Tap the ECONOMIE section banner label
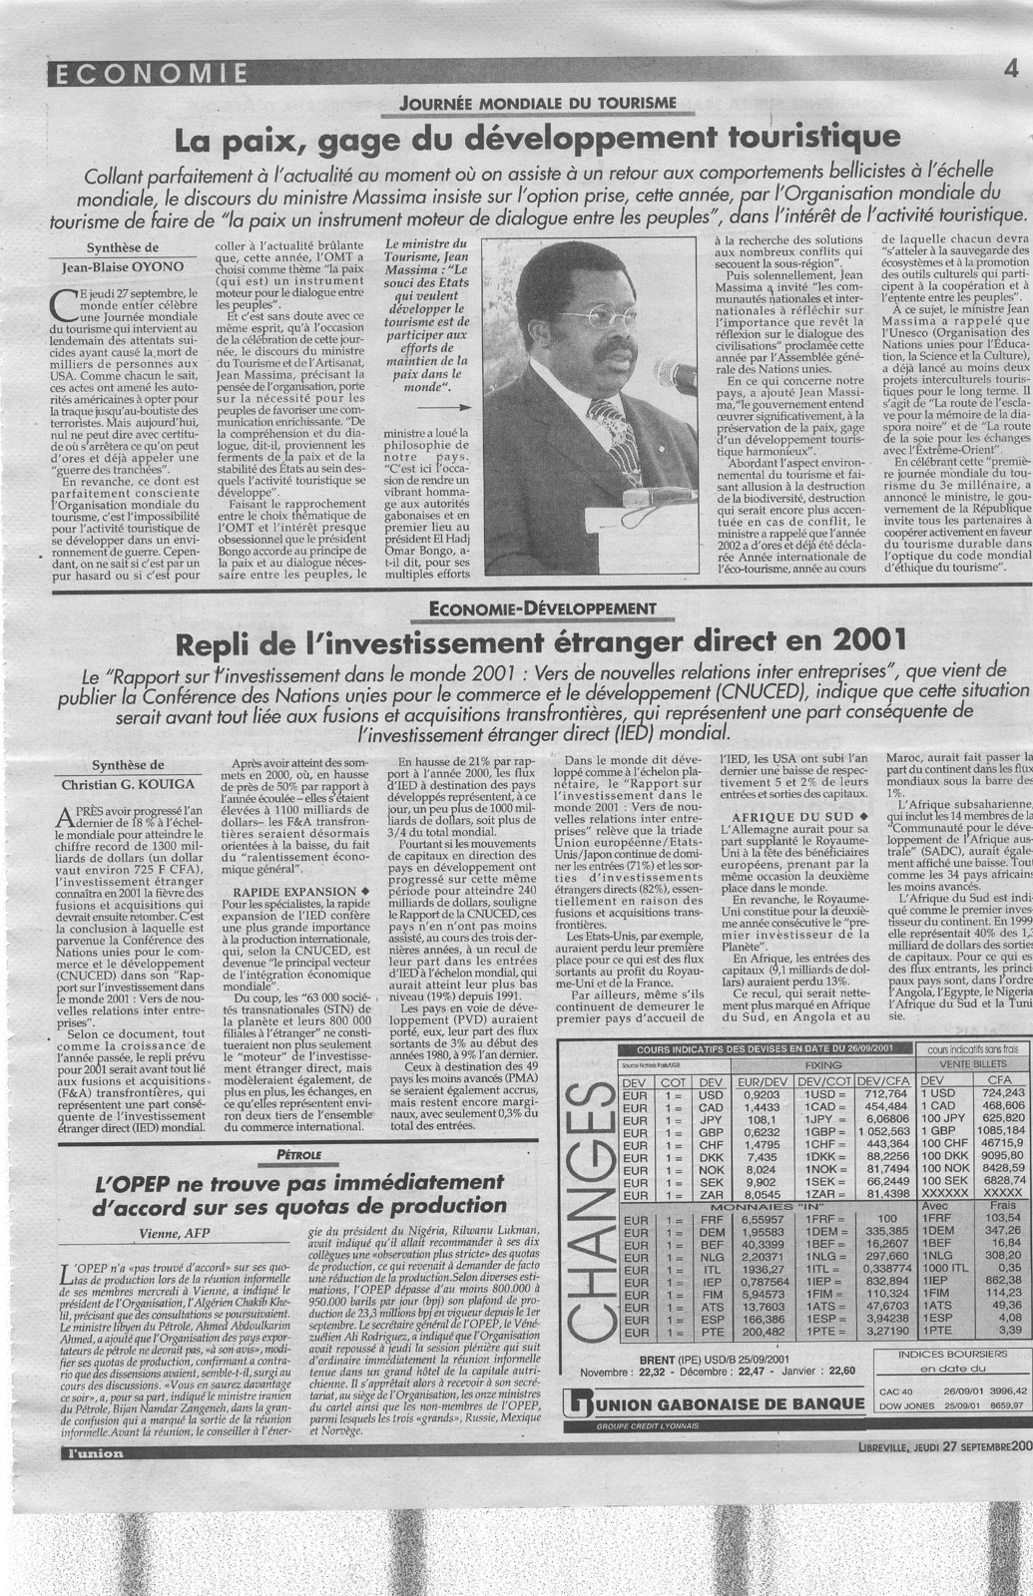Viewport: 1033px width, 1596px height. (x=148, y=72)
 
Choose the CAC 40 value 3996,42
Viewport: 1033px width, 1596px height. (x=1006, y=1390)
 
